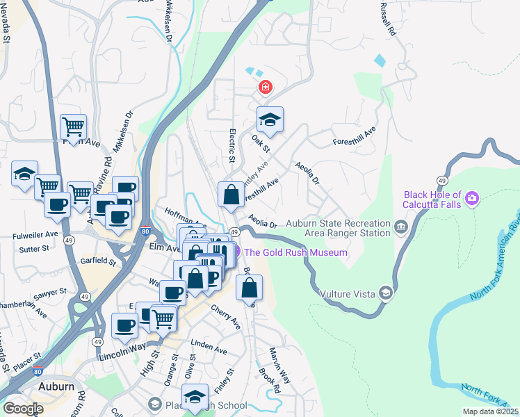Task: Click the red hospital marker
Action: (265, 88)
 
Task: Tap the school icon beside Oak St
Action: (270, 120)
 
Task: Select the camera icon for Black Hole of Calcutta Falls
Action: (472, 200)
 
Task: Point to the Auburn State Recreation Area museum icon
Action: (400, 227)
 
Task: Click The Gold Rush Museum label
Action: (295, 252)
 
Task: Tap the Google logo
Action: (23, 408)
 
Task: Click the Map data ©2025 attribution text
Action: (490, 411)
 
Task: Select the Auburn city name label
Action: (56, 386)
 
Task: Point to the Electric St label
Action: (232, 147)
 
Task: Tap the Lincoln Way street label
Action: (122, 346)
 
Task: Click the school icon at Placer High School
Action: (195, 396)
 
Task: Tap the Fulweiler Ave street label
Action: (35, 236)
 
